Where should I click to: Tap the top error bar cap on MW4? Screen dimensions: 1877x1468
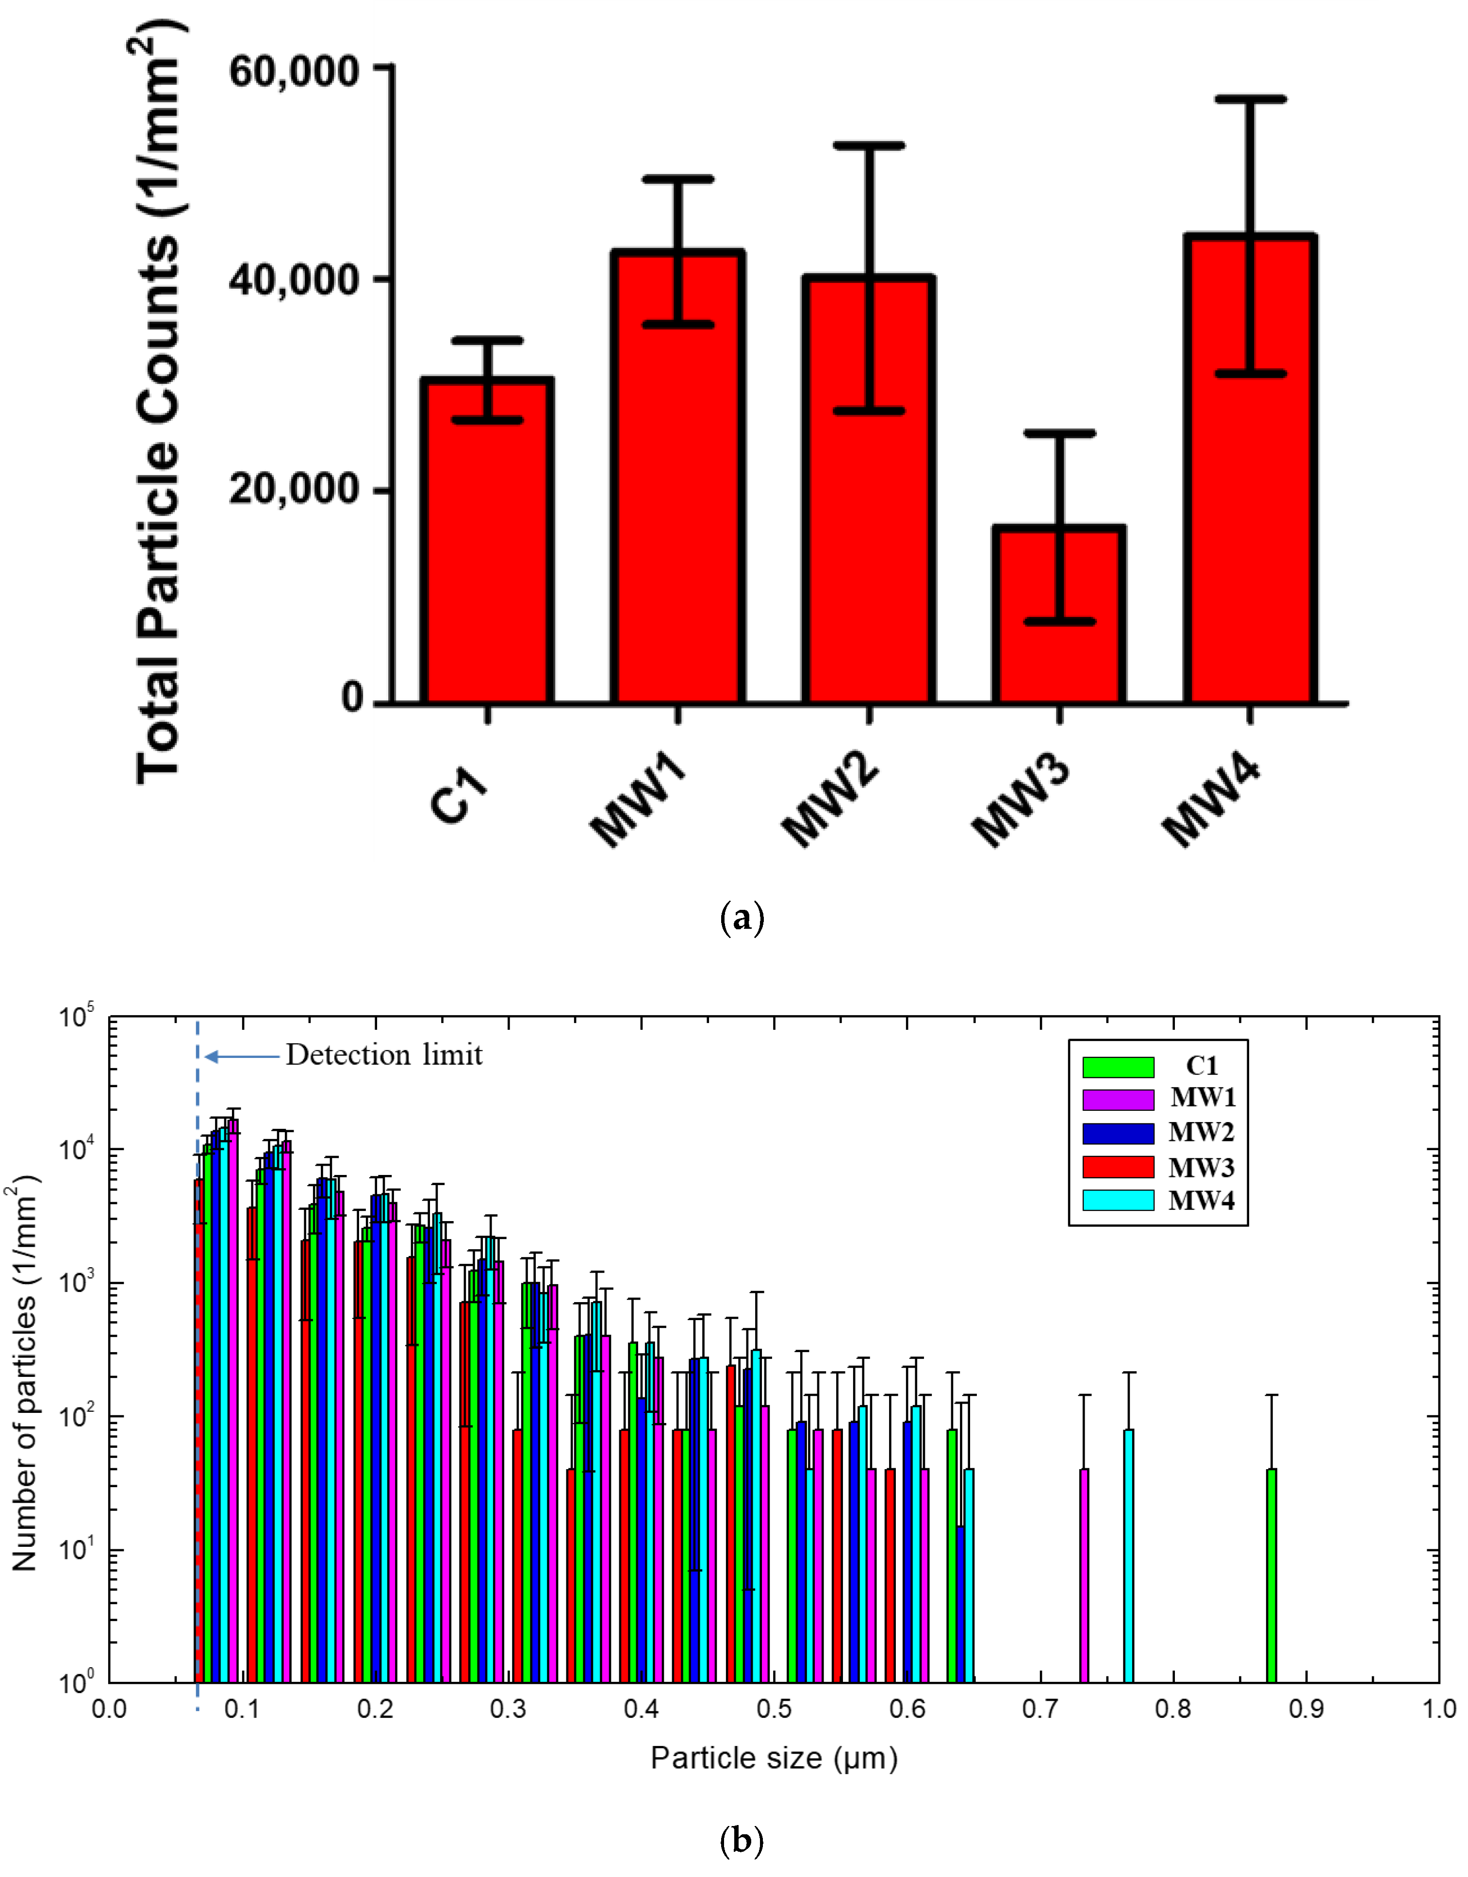point(1251,100)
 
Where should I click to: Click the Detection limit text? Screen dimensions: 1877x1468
point(384,1055)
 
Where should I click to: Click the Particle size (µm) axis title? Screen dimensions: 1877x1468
point(774,1759)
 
